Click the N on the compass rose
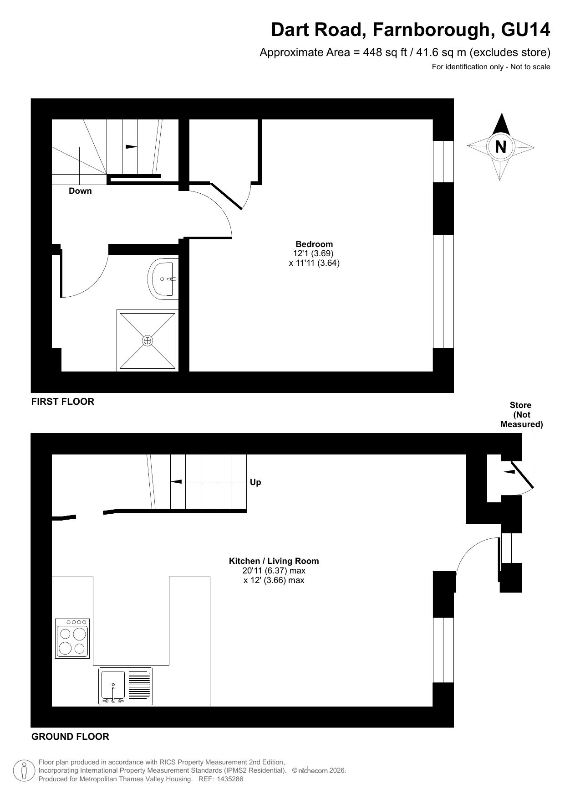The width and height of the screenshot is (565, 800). tap(500, 147)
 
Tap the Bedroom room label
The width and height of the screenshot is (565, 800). tap(314, 244)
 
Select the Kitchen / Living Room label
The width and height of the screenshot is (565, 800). tap(274, 561)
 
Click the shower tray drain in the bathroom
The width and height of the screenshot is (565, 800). tap(147, 341)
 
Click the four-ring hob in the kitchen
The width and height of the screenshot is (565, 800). tap(72, 638)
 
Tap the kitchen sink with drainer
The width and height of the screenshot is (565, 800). tap(126, 686)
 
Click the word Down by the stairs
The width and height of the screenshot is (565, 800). tap(80, 191)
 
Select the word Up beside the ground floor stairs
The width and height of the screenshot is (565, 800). tap(255, 482)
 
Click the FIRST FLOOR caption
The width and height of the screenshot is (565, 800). tap(63, 402)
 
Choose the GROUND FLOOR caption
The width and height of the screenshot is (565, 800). tap(70, 737)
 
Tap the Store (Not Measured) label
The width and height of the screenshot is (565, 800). tap(521, 415)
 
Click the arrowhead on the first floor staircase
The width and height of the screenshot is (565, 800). tap(131, 147)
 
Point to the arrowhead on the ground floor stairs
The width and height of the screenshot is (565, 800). tap(176, 482)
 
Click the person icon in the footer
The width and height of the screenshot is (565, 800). tap(24, 771)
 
